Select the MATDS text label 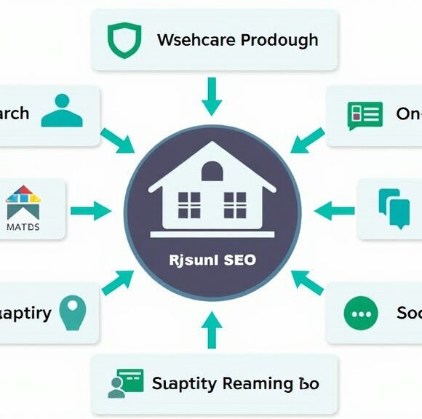coord(23,226)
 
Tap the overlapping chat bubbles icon coord(394,207)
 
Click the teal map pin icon coord(72,311)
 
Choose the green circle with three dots coord(361,314)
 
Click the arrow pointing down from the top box coord(212,97)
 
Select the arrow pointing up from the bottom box coord(212,330)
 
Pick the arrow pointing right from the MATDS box coord(91,212)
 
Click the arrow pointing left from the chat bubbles coord(334,212)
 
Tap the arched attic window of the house coord(212,172)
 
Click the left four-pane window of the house coord(189,204)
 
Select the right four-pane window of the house coord(235,204)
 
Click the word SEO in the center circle coord(240,260)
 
